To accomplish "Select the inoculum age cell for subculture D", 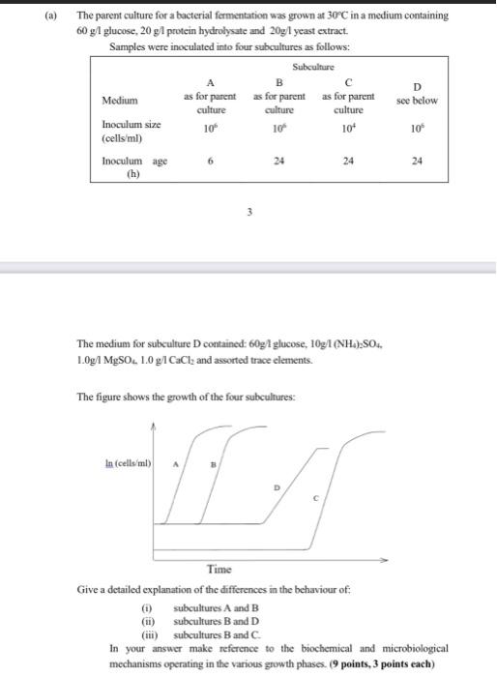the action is point(416,162).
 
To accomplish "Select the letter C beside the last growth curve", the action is point(315,498).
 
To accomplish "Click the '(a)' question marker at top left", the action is point(54,15).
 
